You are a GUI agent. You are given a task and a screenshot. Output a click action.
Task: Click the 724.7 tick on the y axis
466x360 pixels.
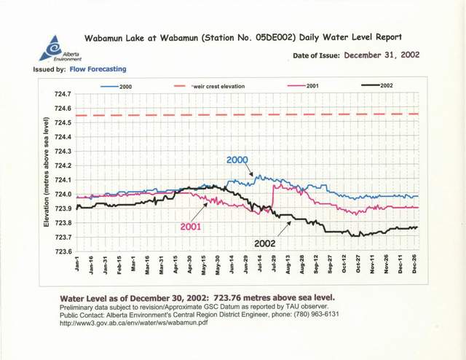click(x=61, y=94)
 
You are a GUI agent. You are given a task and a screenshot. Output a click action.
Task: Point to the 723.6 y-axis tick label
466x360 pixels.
click(x=61, y=251)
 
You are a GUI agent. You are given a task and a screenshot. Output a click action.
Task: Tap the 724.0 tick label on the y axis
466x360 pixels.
click(x=61, y=194)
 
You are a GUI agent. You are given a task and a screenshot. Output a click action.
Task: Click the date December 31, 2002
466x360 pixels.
click(x=382, y=55)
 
